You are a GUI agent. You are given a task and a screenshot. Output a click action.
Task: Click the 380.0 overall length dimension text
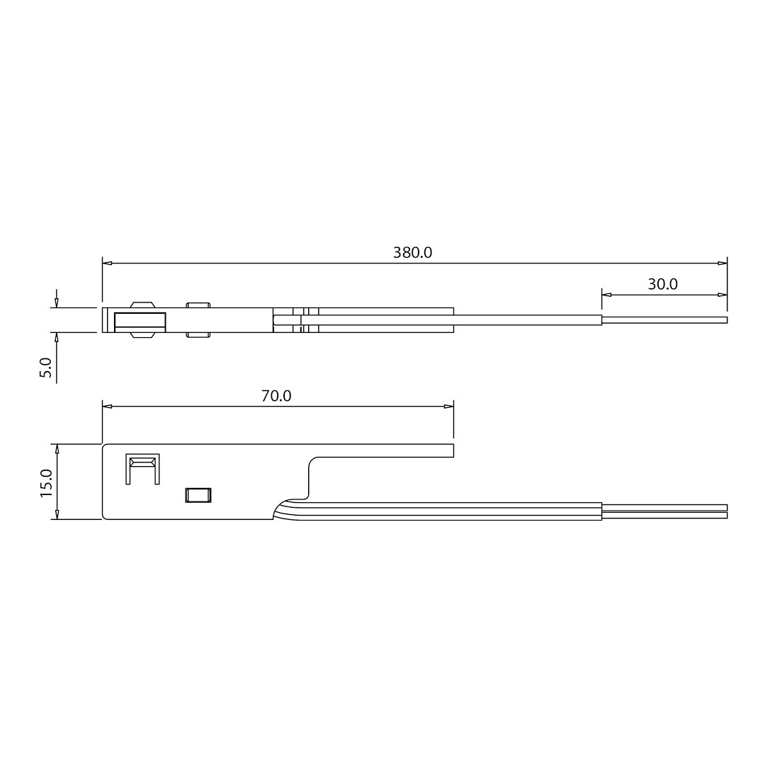[x=412, y=253]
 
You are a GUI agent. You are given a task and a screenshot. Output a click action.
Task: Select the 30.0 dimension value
[x=662, y=285]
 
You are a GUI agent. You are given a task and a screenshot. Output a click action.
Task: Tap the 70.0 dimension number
[x=276, y=396]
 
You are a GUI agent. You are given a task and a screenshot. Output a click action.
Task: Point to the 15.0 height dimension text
[x=46, y=482]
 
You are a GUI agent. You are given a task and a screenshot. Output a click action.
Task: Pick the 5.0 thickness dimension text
[x=46, y=367]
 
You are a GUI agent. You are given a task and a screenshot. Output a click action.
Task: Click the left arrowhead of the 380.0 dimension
[x=107, y=263]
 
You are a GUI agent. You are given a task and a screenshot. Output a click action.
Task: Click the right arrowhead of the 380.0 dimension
[x=722, y=263]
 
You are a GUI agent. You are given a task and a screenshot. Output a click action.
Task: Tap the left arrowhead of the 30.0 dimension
[x=606, y=295]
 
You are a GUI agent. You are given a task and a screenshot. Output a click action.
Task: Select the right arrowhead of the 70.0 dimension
[x=448, y=407]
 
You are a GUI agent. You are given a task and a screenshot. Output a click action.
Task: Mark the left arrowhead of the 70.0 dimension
[x=107, y=407]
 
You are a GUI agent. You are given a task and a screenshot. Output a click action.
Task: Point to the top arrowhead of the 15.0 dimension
[x=57, y=449]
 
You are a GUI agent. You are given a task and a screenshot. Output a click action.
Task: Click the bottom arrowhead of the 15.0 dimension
[x=57, y=515]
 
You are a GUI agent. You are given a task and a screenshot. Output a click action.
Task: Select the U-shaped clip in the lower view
[x=142, y=468]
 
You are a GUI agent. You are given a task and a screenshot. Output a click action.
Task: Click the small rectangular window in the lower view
[x=198, y=495]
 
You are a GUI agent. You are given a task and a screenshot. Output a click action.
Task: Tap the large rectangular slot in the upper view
[x=140, y=322]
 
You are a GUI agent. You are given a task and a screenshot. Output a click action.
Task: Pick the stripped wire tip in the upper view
[x=664, y=320]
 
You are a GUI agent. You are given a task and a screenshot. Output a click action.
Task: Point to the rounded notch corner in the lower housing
[x=312, y=462]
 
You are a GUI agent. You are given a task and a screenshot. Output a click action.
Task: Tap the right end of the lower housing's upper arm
[x=452, y=450]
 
